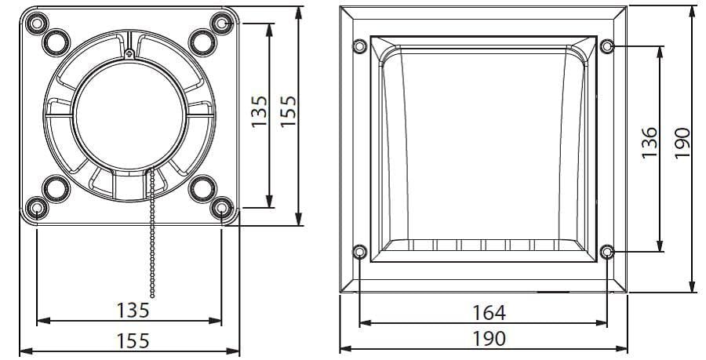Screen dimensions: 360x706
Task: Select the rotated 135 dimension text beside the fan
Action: click(x=260, y=111)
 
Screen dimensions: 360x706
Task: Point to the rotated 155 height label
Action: click(x=288, y=111)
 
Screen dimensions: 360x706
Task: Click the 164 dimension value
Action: click(x=489, y=312)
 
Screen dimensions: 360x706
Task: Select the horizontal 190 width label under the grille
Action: click(x=489, y=339)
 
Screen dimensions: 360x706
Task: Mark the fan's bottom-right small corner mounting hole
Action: click(x=222, y=208)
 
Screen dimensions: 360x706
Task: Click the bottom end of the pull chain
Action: click(x=152, y=296)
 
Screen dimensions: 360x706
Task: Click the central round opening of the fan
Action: click(x=129, y=115)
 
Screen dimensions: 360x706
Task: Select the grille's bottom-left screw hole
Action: click(x=359, y=252)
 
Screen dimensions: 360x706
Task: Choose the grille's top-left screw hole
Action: click(x=359, y=45)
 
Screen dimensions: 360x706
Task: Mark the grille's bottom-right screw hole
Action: click(x=606, y=252)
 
